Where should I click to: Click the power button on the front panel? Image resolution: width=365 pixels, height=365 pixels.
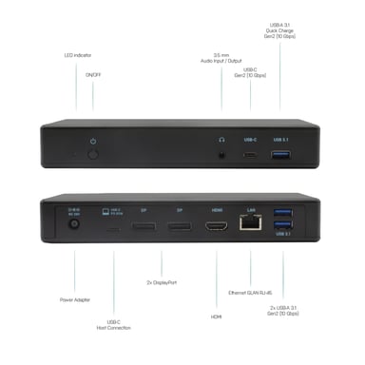[93, 152]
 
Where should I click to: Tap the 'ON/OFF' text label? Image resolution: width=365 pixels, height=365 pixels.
[93, 73]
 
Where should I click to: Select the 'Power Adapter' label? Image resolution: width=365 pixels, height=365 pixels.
[75, 299]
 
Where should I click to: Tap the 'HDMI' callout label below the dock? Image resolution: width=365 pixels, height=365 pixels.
[216, 317]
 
